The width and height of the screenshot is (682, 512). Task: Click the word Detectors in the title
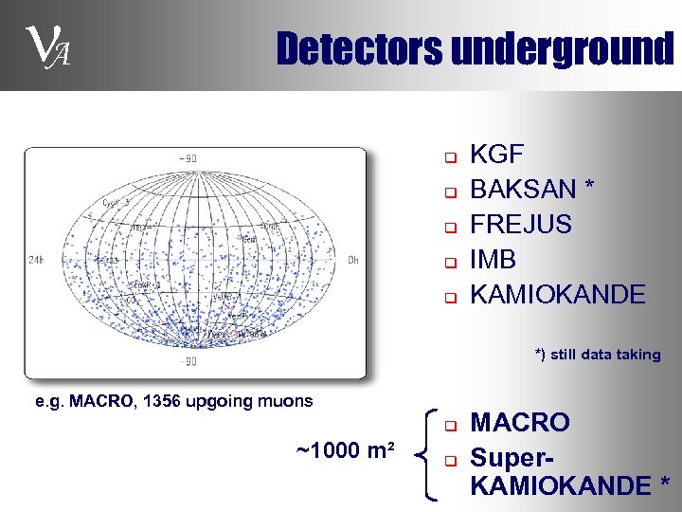[x=359, y=48]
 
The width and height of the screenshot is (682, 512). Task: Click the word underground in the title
[x=563, y=48]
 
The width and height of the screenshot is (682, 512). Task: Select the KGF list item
[x=497, y=155]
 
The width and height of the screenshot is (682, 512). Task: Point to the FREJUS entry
[x=521, y=225]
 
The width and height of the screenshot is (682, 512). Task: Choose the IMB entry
[x=493, y=259]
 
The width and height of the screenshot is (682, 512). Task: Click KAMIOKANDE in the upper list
[x=557, y=294]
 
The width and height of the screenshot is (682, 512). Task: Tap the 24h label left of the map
[x=36, y=259]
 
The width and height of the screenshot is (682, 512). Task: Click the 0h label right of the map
[x=352, y=259]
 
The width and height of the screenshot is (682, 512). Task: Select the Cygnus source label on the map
[x=116, y=203]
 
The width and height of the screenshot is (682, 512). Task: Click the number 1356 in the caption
[x=163, y=401]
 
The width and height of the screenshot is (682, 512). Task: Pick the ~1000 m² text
[x=346, y=448]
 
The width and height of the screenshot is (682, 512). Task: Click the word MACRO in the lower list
[x=520, y=422]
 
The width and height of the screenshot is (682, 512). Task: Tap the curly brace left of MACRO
[x=422, y=452]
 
